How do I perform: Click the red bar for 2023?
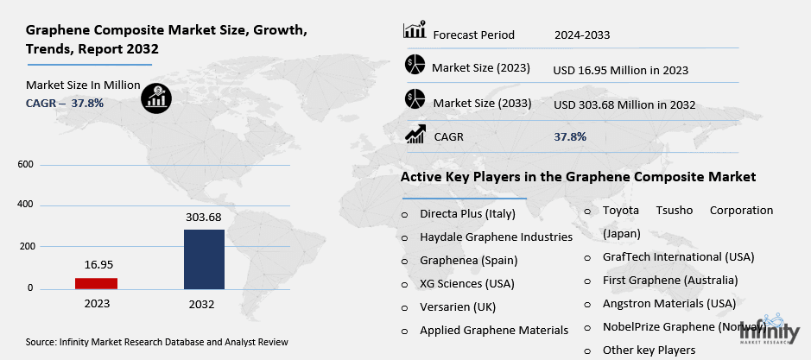(96, 283)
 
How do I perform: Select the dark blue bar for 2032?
(204, 259)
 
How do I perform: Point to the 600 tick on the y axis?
(25, 164)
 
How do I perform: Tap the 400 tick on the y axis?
(25, 205)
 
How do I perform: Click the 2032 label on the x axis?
(202, 304)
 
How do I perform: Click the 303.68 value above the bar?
(204, 218)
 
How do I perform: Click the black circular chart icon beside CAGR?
(156, 97)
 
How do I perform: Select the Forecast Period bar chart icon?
(414, 32)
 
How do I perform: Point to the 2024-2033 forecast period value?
(582, 35)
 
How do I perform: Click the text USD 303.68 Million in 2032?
(624, 104)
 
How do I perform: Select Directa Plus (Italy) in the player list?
(467, 212)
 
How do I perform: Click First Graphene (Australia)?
(669, 281)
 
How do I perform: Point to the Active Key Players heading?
(578, 176)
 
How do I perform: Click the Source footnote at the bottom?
(156, 343)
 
